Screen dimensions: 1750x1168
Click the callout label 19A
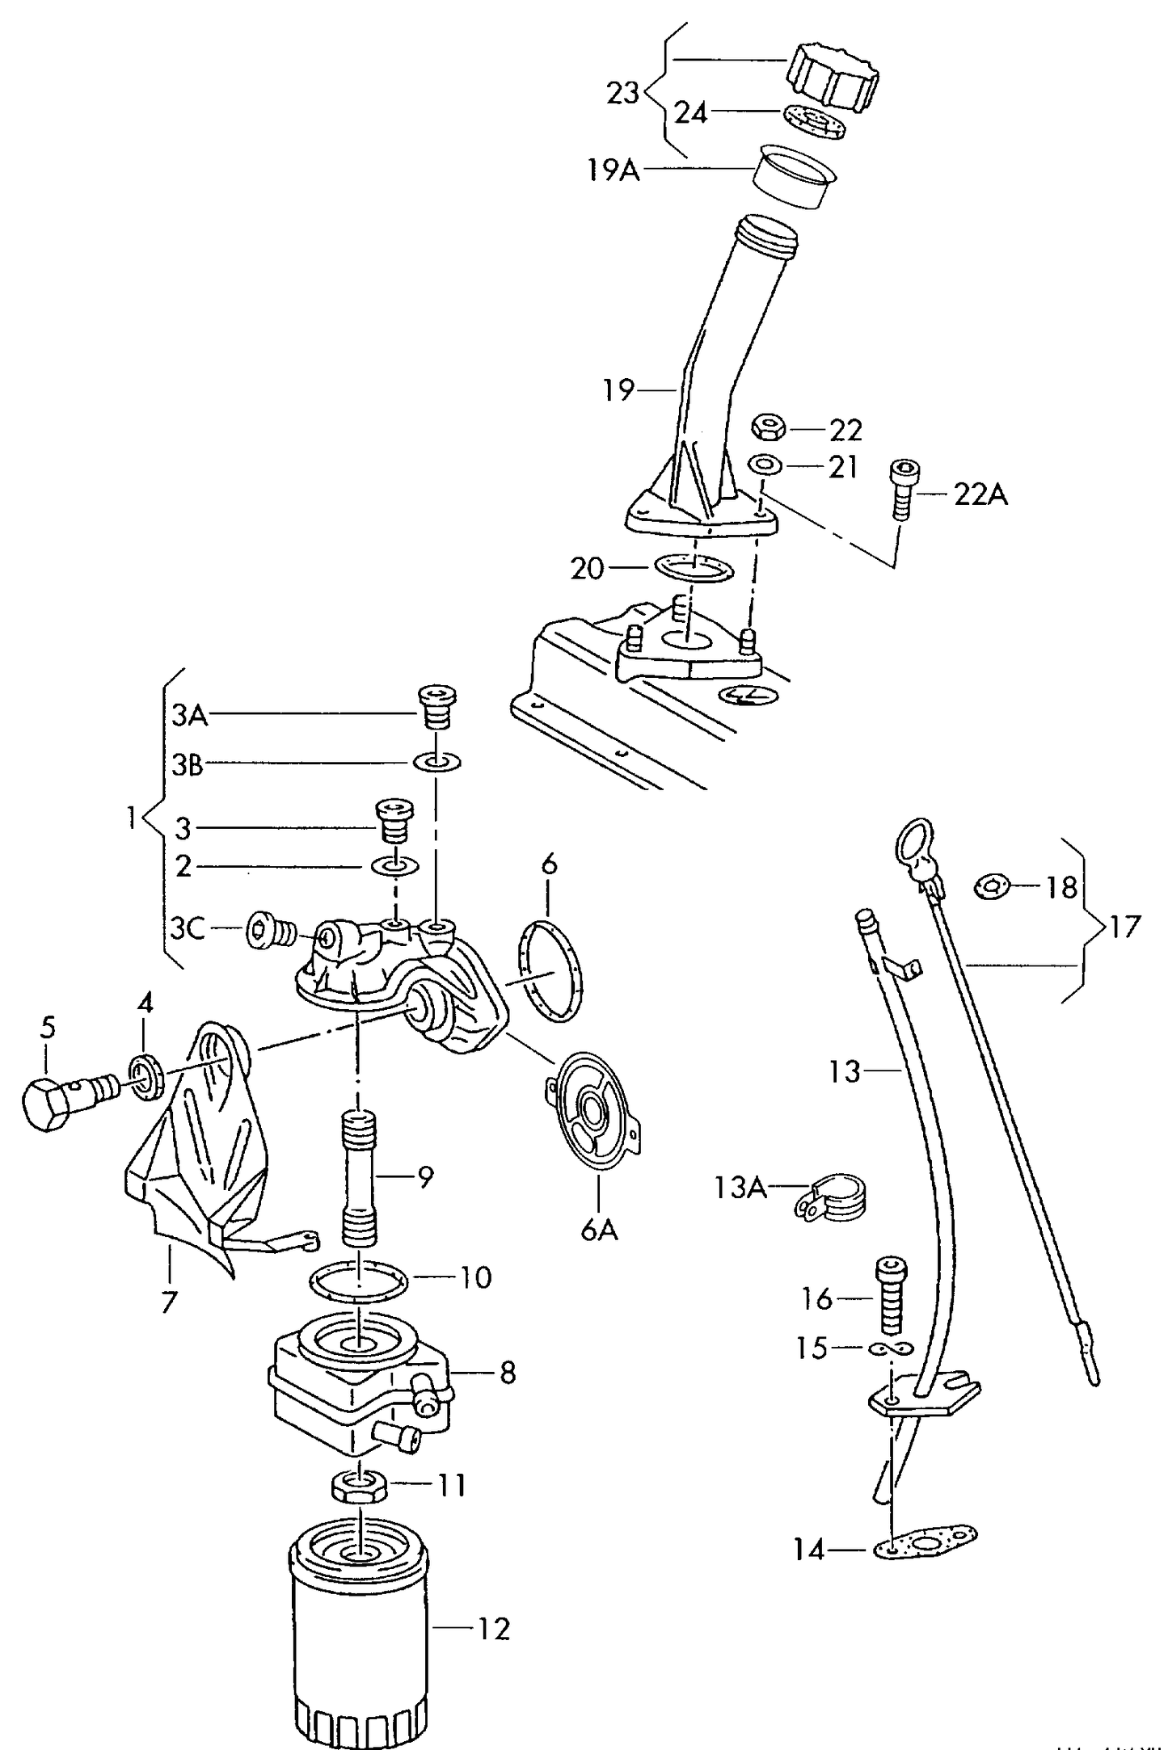pos(614,170)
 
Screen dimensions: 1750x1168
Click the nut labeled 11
pos(358,1485)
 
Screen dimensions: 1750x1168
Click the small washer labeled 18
pos(991,887)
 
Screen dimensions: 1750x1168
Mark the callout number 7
pos(168,1302)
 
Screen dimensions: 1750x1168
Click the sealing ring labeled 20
pos(694,568)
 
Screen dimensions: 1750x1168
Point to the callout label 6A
pos(598,1230)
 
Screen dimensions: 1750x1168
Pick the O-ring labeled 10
pos(359,1279)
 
